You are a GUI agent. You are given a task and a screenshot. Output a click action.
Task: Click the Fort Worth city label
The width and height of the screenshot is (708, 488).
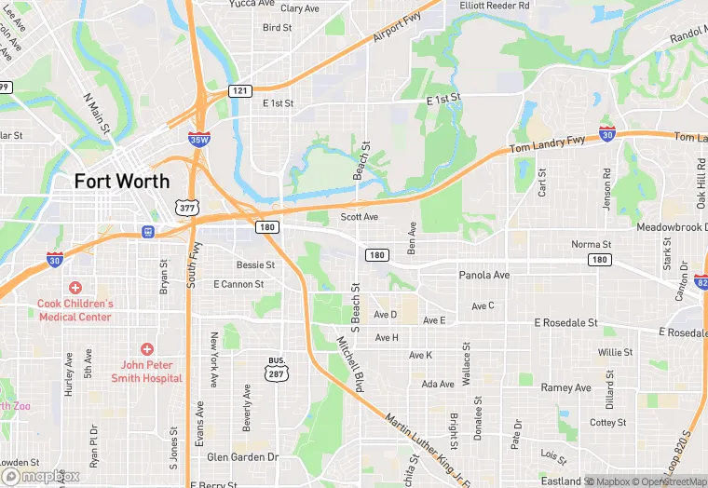[x=122, y=181]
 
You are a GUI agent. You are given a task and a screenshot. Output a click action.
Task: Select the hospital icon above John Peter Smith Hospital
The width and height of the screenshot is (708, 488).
[x=146, y=348]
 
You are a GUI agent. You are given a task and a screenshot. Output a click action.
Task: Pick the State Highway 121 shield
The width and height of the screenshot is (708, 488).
[x=240, y=90]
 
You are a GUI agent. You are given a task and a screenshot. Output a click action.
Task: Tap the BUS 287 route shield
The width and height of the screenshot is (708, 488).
[x=276, y=369]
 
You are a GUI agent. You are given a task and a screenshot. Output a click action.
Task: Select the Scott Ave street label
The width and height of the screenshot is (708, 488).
[x=359, y=217]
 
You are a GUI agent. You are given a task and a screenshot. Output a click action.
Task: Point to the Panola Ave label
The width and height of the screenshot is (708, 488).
[x=484, y=276]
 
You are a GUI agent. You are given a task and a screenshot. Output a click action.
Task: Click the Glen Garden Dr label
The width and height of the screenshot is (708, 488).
[x=242, y=457]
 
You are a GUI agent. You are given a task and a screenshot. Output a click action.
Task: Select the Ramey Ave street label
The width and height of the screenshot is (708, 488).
[x=566, y=387]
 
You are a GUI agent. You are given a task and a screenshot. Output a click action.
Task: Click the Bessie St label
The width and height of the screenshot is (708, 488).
[x=255, y=265]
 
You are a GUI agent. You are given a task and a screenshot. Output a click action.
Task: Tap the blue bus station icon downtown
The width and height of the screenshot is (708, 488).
[x=147, y=231]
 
